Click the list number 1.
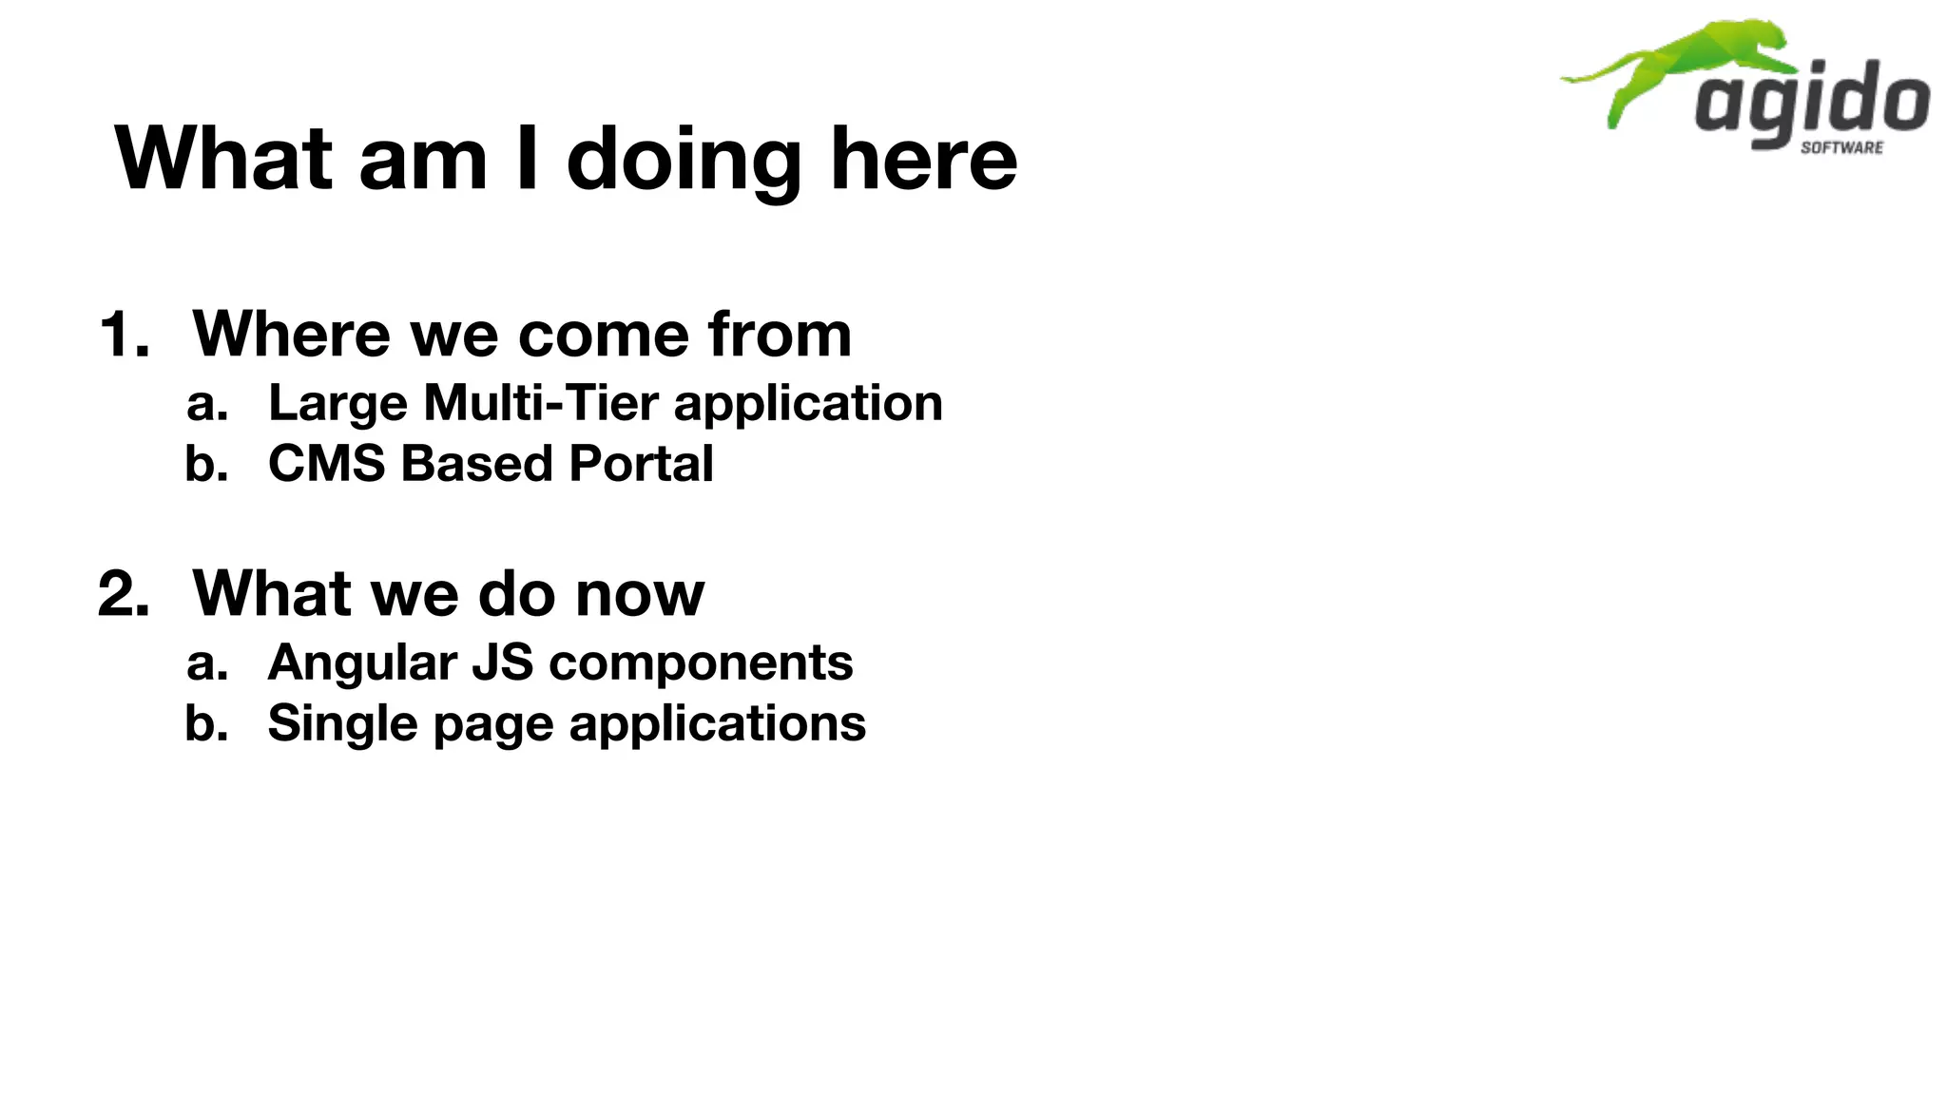(124, 336)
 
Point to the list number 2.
(124, 595)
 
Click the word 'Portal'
(641, 464)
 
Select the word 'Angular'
(362, 663)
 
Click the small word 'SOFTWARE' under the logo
(1841, 147)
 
